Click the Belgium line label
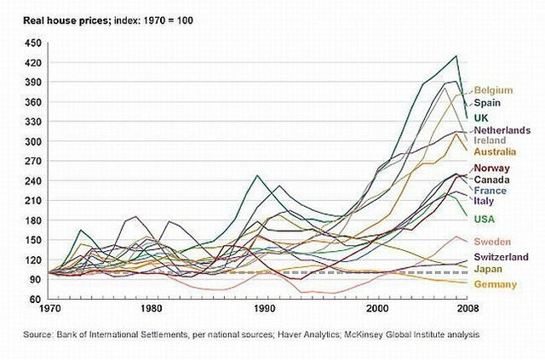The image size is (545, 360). (493, 89)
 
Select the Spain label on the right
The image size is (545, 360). (487, 103)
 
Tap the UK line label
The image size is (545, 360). (481, 117)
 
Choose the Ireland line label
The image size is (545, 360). (490, 140)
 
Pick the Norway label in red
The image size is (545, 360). (491, 168)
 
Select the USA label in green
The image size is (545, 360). (485, 220)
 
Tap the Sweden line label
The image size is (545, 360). (492, 242)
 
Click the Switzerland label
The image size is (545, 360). (501, 257)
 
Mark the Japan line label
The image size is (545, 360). (488, 270)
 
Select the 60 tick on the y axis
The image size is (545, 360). (34, 299)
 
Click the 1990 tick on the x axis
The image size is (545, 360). (266, 309)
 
